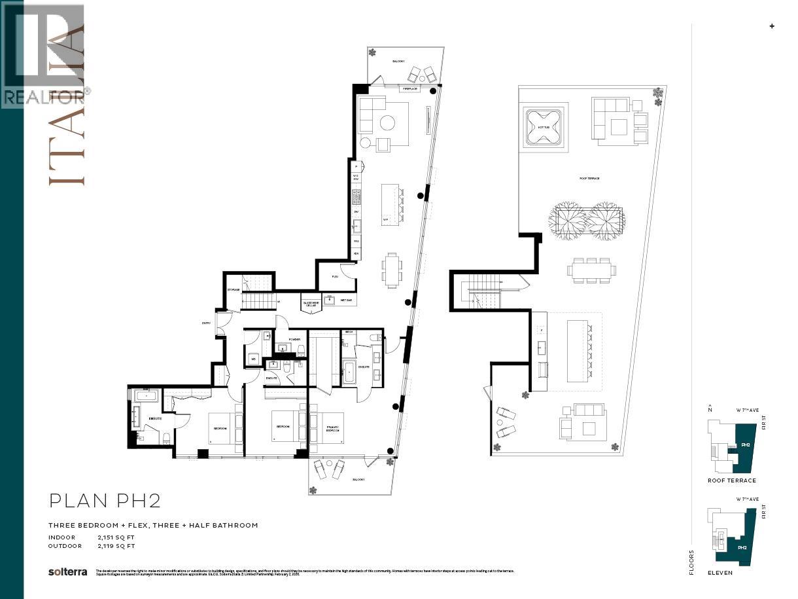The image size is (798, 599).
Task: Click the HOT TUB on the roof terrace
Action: click(544, 128)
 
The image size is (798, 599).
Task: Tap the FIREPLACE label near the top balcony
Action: click(411, 88)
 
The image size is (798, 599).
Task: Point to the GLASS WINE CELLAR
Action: click(311, 302)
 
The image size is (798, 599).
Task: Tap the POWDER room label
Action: click(294, 339)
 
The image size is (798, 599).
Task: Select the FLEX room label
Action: click(334, 277)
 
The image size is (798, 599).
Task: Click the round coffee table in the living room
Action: click(387, 123)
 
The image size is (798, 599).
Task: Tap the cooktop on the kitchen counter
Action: click(356, 196)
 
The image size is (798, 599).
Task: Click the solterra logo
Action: click(67, 572)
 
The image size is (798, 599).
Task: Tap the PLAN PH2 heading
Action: click(105, 501)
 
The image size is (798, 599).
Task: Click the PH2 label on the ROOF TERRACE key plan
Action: click(745, 445)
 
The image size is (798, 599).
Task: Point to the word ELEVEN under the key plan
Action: click(720, 572)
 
